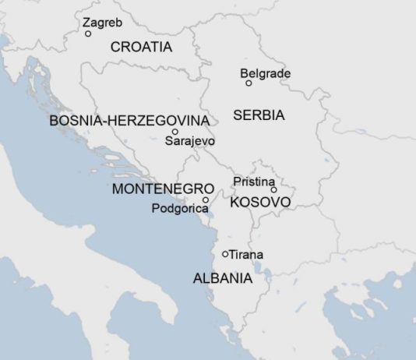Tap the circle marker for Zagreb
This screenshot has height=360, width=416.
(x=88, y=34)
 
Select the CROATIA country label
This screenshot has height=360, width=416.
(x=141, y=47)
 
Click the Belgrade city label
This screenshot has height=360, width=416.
(x=265, y=74)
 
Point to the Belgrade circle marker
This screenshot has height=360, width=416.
(x=249, y=83)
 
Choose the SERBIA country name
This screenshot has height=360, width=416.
(x=259, y=115)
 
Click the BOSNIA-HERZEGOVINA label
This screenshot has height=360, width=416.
(x=129, y=121)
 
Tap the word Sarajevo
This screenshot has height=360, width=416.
(x=189, y=141)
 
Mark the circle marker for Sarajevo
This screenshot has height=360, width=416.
(x=175, y=132)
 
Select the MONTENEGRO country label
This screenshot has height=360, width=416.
(x=163, y=189)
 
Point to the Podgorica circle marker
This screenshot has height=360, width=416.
(x=206, y=200)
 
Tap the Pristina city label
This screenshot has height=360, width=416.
(x=254, y=181)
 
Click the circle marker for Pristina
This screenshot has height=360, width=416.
(x=273, y=189)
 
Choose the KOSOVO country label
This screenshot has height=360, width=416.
(x=260, y=203)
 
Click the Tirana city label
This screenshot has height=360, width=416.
(x=246, y=255)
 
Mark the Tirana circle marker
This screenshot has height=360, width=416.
(x=225, y=254)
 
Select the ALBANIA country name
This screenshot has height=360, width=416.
(x=222, y=278)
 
